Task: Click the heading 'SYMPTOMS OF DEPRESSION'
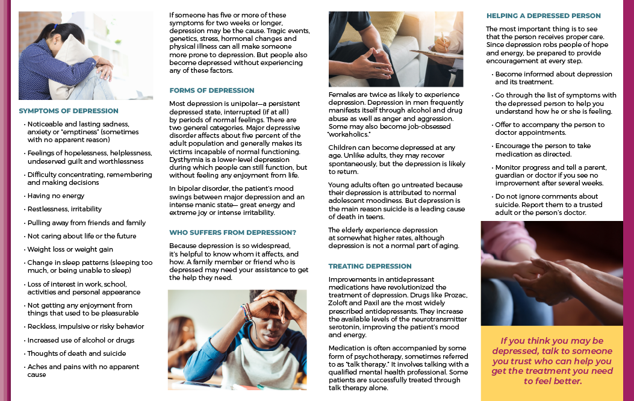click(69, 111)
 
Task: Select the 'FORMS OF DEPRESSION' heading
click(212, 90)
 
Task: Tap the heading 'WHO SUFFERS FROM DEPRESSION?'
click(232, 232)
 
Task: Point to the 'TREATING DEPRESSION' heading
click(370, 266)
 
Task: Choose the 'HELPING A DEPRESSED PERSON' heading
click(543, 16)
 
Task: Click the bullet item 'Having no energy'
click(55, 196)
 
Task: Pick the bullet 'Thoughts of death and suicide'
click(76, 353)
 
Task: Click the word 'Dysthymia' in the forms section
click(187, 160)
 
